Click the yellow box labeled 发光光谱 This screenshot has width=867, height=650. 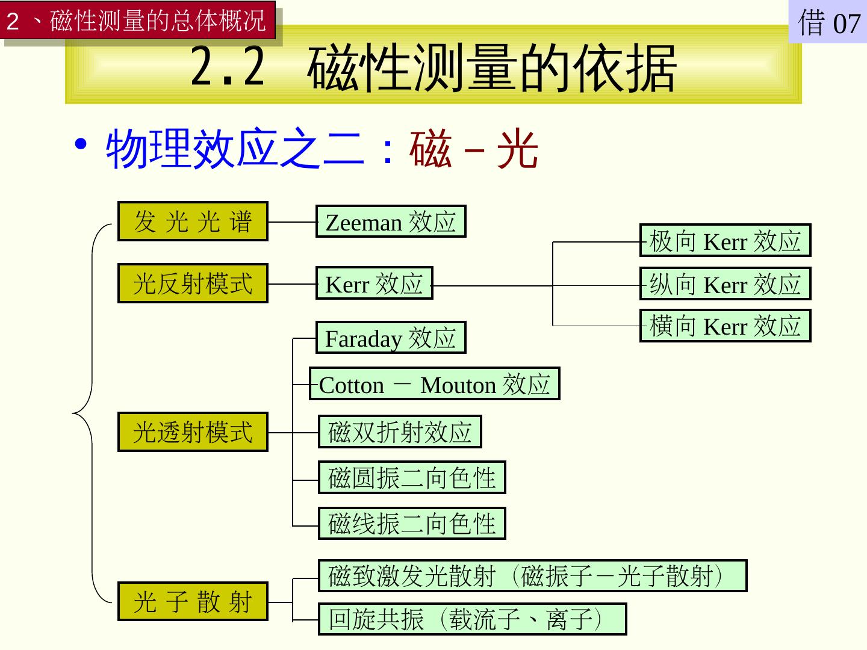pyautogui.click(x=193, y=221)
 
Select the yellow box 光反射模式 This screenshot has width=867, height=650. pyautogui.click(x=193, y=283)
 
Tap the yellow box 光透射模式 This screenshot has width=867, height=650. pyautogui.click(x=193, y=432)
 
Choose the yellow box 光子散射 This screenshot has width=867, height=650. pyautogui.click(x=193, y=601)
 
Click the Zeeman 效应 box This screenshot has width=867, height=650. pyautogui.click(x=391, y=221)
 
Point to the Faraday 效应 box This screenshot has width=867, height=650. pyautogui.click(x=391, y=338)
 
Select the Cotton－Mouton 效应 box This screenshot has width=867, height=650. pyautogui.click(x=434, y=384)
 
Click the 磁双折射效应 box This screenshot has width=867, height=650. pyautogui.click(x=400, y=432)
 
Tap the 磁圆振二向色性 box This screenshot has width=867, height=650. pyautogui.click(x=412, y=478)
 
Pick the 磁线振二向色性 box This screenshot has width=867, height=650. pyautogui.click(x=412, y=524)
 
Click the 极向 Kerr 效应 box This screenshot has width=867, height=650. pyautogui.click(x=725, y=241)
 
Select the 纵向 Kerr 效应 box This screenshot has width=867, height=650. pyautogui.click(x=725, y=284)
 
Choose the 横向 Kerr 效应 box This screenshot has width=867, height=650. pyautogui.click(x=725, y=326)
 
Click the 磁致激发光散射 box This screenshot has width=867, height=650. pyautogui.click(x=532, y=576)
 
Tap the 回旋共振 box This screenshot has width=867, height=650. pyautogui.click(x=472, y=619)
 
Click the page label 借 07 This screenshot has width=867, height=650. pyautogui.click(x=828, y=23)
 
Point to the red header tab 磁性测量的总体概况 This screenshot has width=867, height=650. pyautogui.click(x=138, y=22)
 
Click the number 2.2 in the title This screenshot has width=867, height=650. pyautogui.click(x=228, y=67)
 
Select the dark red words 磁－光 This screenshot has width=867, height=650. pyautogui.click(x=473, y=150)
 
